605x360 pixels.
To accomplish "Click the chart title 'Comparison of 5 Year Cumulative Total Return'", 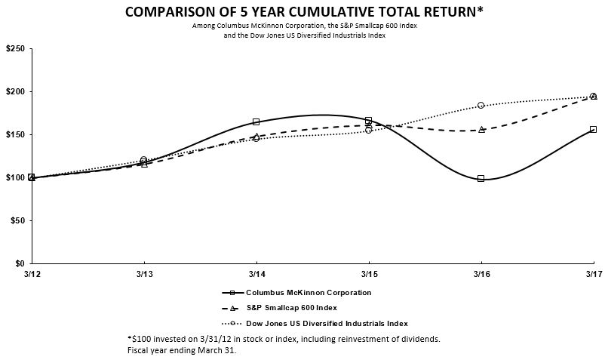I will pos(302,13).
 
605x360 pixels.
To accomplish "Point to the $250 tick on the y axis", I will pos(14,48).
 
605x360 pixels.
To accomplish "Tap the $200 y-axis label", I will pos(14,91).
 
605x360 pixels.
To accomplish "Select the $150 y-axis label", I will pos(14,134).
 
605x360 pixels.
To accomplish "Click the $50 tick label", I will pos(17,220).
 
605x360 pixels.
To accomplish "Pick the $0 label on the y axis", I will pos(19,263).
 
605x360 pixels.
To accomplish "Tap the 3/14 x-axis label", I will pos(256,273).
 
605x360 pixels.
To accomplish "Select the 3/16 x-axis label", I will pos(481,273).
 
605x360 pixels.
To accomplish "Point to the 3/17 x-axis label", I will pos(592,273).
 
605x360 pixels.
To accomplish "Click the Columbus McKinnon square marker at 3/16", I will pos(481,179).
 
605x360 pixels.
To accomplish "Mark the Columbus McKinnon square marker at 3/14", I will pos(256,122).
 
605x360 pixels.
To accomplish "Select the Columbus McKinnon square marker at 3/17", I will pos(593,129).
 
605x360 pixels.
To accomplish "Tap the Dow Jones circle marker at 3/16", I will pos(481,105).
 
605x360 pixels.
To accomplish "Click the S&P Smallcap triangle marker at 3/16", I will pos(481,130).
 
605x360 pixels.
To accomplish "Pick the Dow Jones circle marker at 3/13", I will pos(144,159).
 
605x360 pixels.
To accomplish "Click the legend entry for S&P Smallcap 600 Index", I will pos(291,308).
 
